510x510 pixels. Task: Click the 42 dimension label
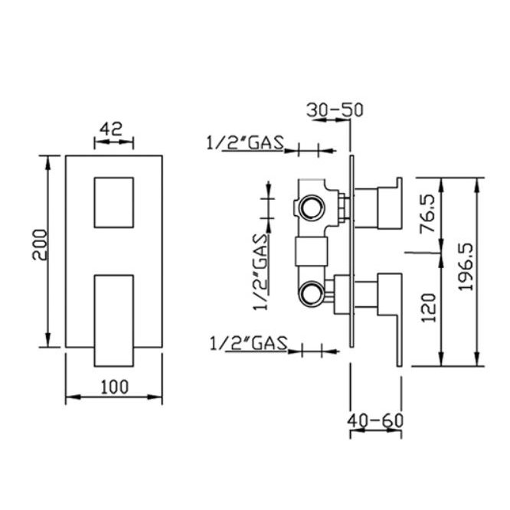(111, 129)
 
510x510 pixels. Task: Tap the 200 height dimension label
(40, 245)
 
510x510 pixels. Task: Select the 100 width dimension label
(115, 387)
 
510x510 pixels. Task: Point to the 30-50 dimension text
(335, 110)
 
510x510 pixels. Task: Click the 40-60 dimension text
(375, 420)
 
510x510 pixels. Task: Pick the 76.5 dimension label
(428, 214)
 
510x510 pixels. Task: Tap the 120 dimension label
(428, 308)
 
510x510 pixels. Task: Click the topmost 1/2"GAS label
(246, 142)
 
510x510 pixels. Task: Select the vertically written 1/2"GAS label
(260, 272)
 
